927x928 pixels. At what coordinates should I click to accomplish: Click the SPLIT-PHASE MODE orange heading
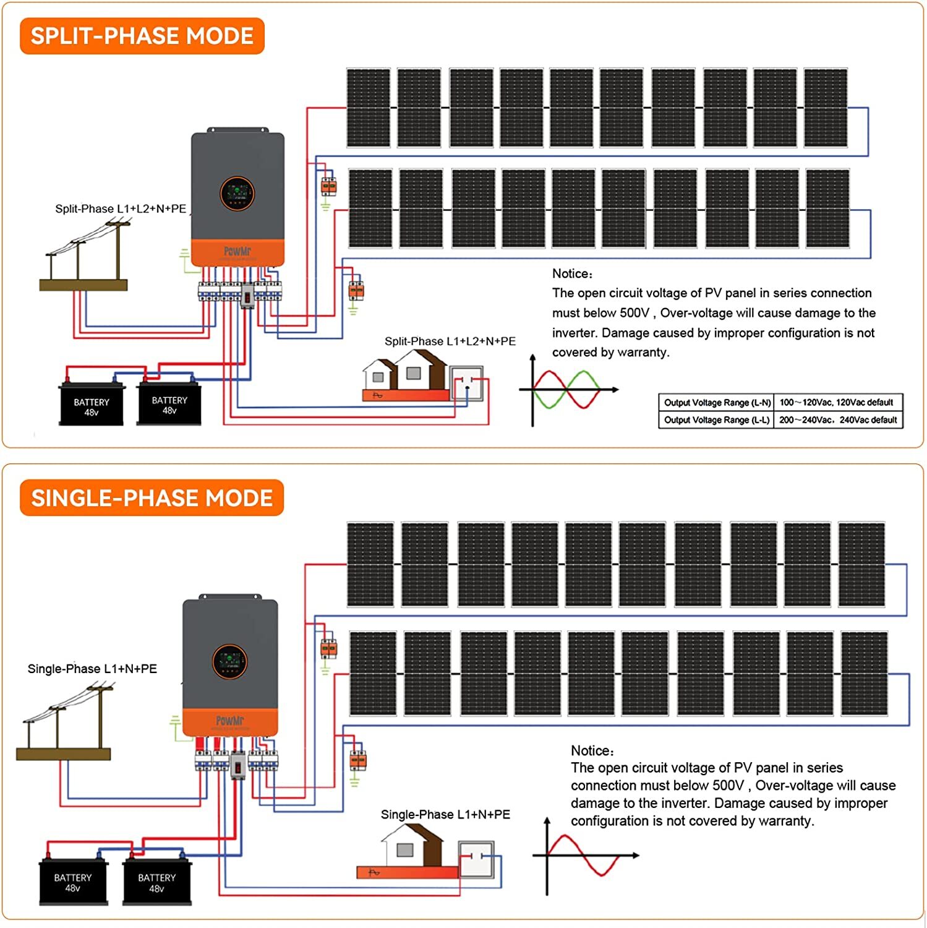(142, 36)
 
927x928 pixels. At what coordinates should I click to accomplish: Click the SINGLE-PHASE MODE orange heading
(152, 498)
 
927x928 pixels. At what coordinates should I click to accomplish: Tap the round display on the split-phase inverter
(237, 193)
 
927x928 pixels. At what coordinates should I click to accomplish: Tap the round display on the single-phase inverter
(229, 661)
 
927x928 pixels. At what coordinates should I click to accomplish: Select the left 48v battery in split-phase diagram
(92, 405)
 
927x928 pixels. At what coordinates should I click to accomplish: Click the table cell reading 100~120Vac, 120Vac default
(836, 402)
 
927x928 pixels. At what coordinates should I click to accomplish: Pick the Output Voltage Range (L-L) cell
(716, 420)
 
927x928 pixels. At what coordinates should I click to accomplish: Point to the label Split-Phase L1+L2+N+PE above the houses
(450, 341)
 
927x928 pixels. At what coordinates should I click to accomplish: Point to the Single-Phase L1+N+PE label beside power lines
(92, 669)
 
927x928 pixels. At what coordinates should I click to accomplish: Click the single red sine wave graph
(584, 856)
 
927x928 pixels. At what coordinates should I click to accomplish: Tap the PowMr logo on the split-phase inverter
(237, 251)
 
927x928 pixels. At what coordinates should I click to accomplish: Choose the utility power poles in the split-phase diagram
(85, 257)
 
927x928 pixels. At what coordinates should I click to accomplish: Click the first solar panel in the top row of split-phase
(368, 108)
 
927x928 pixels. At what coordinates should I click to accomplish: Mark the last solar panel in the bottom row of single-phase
(865, 673)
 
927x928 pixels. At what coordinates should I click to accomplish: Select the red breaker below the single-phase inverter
(238, 767)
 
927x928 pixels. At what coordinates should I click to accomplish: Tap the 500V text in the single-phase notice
(728, 786)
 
